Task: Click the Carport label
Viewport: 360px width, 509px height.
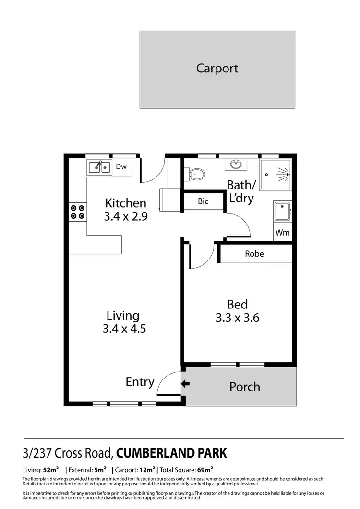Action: pos(217,68)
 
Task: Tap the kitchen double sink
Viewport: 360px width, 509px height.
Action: pos(99,167)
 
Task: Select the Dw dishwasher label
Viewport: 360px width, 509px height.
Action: pos(121,167)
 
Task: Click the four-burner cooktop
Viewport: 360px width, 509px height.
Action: pos(78,212)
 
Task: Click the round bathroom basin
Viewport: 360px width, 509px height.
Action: pos(236,165)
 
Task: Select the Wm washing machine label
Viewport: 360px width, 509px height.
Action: pos(282,233)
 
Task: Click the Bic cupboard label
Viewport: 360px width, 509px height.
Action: pos(203,201)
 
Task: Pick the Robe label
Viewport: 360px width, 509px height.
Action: pos(254,254)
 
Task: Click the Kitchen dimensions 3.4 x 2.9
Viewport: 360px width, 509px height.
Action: pos(125,216)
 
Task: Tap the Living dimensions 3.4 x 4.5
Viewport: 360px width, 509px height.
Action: pos(124,329)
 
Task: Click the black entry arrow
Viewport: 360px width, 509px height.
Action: pos(185,383)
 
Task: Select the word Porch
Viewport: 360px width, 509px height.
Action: pos(245,387)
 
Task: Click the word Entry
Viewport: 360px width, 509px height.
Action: pos(140,382)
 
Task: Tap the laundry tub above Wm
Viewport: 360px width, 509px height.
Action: pos(282,212)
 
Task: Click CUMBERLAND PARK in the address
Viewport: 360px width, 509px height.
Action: pos(172,452)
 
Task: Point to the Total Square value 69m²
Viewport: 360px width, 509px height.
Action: pos(205,469)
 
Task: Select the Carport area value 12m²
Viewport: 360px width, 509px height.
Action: pos(147,469)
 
